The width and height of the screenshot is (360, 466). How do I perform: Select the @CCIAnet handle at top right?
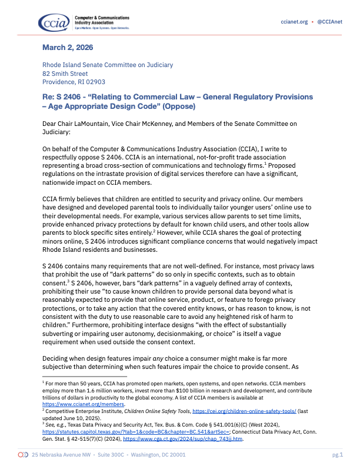click(330, 22)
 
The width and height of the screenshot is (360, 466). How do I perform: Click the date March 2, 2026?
click(68, 47)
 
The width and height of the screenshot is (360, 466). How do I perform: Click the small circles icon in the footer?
click(24, 455)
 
